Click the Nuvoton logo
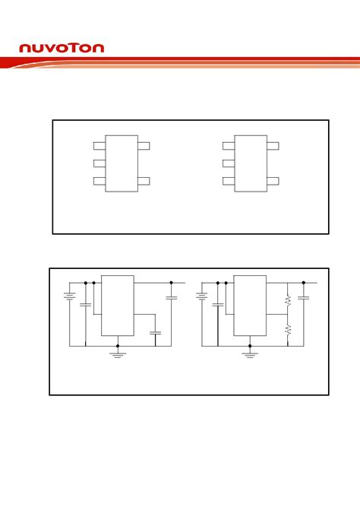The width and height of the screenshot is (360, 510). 62,48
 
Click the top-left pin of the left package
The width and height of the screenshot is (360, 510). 99,145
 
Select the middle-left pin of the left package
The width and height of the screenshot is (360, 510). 99,163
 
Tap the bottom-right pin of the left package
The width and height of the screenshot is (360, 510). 144,181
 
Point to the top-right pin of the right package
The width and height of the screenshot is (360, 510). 273,145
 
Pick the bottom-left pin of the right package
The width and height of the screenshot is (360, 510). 229,181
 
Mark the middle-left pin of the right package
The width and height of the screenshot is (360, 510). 229,163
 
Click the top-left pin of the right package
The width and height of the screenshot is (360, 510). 229,145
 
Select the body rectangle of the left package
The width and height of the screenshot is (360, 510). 122,163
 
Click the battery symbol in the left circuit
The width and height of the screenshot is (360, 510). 69,297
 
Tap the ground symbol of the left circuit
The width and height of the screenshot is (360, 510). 118,354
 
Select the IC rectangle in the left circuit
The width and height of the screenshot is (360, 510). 118,305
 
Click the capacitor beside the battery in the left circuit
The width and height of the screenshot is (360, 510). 86,304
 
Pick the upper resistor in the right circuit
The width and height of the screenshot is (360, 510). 288,301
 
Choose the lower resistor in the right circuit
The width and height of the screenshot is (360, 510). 288,329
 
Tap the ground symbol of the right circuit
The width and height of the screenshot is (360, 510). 249,354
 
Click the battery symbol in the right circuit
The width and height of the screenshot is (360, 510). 201,297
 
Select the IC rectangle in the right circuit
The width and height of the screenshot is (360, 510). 249,305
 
